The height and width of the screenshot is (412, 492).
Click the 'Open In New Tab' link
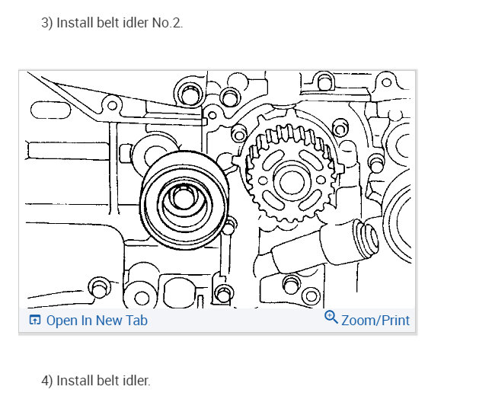(97, 321)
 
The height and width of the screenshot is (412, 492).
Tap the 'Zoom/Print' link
(375, 321)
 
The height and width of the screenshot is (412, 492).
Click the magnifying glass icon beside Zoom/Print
(331, 318)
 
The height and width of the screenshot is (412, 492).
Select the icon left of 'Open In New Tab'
(35, 320)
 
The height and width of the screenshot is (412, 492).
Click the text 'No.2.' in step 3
(167, 23)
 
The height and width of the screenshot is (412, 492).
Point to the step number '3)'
(47, 23)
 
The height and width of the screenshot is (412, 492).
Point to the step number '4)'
(47, 381)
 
